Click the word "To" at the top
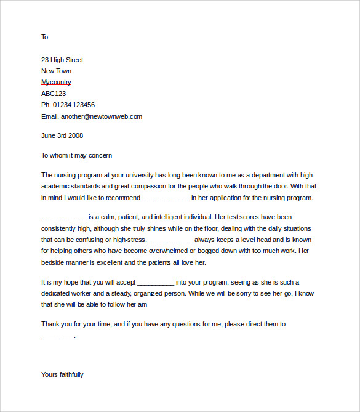[44, 37]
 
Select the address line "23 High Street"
[62, 60]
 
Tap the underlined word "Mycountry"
[56, 82]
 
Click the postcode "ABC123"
[54, 94]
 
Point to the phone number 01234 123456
[76, 105]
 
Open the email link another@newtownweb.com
[102, 116]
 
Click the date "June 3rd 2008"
[62, 135]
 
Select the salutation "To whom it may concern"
[76, 156]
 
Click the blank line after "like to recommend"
[166, 199]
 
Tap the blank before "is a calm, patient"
[65, 218]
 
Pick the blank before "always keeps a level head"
[171, 240]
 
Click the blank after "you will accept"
[156, 283]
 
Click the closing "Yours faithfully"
[62, 374]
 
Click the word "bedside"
[53, 262]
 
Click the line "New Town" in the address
[56, 71]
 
